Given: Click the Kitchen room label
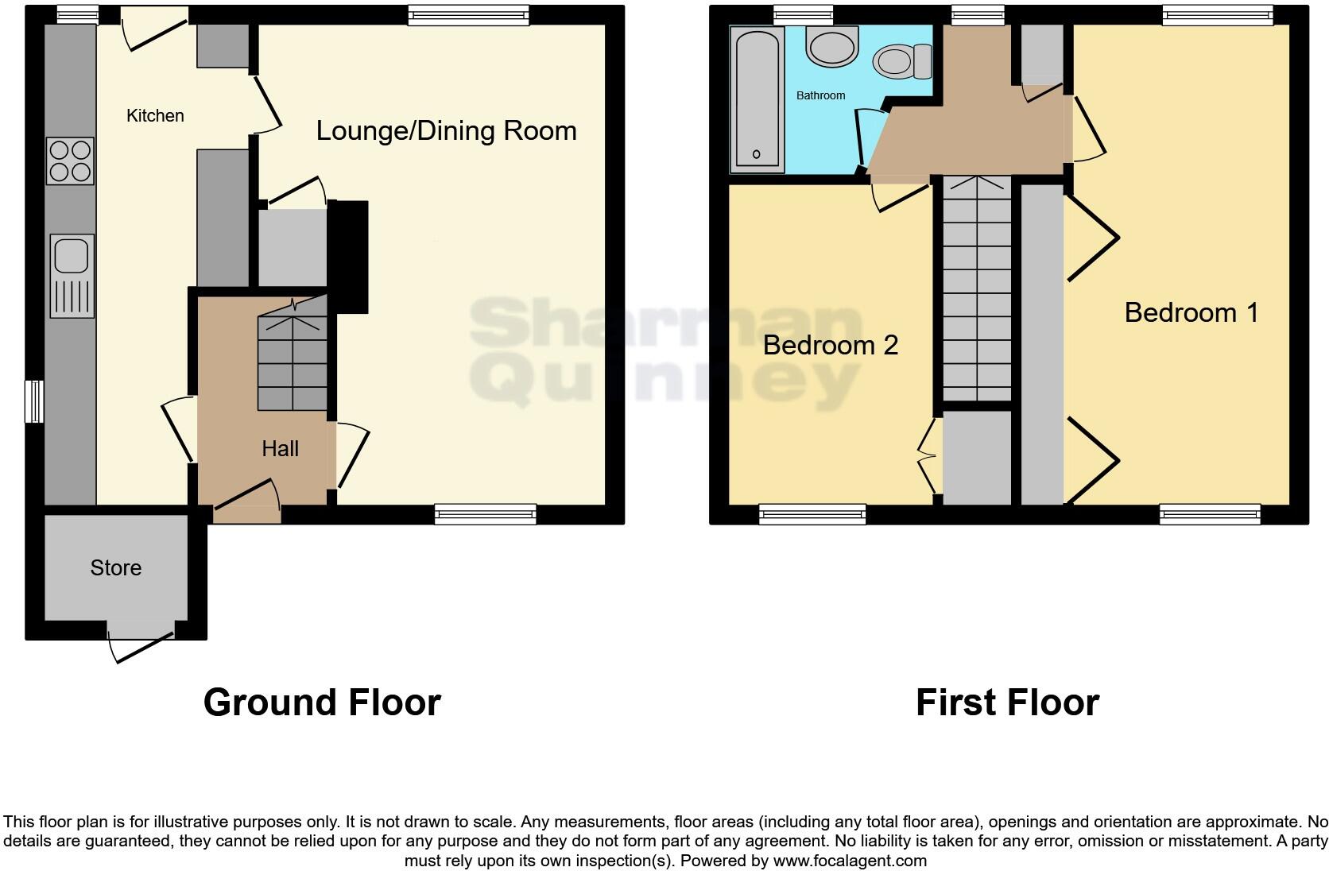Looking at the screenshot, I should tap(155, 116).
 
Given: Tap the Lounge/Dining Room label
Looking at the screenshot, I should tap(446, 131).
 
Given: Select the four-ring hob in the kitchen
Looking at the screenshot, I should tap(70, 161).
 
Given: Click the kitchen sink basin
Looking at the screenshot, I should tap(71, 255).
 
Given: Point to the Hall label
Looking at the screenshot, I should tap(280, 449).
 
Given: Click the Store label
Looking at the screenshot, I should tap(115, 568).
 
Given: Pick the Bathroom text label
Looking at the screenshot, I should tap(820, 95).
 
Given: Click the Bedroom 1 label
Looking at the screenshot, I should tap(1191, 313).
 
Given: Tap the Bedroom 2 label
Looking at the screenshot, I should tap(830, 345).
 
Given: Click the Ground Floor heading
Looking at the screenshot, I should tap(322, 703).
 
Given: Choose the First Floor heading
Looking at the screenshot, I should tap(1007, 703).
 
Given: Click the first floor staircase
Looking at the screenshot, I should tap(976, 290).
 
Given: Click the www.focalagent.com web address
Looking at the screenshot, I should tap(850, 860).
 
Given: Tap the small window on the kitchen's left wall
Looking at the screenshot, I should tap(34, 402).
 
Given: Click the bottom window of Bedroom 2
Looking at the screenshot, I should tap(812, 514).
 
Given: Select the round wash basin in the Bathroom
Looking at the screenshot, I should tap(832, 45).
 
